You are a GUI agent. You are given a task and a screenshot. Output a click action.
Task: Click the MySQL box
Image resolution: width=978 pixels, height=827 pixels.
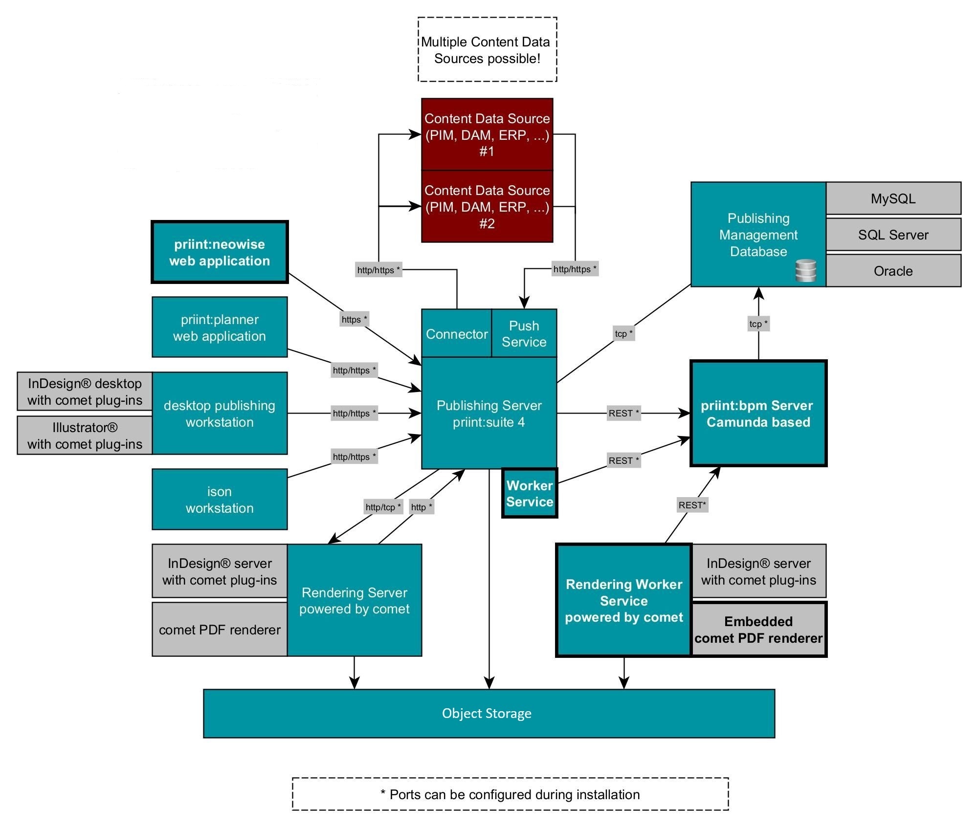pos(893,198)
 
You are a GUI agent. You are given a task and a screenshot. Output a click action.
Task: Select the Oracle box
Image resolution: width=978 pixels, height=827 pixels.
pos(893,271)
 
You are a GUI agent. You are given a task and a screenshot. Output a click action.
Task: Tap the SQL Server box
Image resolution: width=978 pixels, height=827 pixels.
pos(893,235)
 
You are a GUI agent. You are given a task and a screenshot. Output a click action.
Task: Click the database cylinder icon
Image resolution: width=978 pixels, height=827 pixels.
pos(805,271)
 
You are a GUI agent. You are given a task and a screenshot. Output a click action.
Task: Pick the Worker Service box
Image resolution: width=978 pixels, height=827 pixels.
pos(530,493)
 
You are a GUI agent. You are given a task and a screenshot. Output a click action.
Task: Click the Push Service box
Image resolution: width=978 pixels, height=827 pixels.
pos(524,333)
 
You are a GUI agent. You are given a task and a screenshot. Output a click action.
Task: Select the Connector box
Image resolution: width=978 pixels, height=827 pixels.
pos(456,333)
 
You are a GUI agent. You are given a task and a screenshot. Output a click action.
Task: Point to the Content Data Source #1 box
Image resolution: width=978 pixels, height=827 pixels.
pos(487,134)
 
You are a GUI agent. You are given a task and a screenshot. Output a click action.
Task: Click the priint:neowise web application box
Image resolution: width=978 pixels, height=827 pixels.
pos(220,252)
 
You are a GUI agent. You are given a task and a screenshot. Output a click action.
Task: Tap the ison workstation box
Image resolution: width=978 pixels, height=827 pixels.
pos(220,500)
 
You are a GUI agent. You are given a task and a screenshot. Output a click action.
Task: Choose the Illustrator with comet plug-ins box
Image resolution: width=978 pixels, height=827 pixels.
pos(85,435)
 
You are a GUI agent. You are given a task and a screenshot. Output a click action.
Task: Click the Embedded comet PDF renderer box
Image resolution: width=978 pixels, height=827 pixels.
pos(758,630)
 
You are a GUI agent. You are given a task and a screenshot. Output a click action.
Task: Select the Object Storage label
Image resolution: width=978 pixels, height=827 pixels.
pos(487,714)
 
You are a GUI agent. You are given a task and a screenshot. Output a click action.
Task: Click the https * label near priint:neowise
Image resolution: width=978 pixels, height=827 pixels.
pos(354,320)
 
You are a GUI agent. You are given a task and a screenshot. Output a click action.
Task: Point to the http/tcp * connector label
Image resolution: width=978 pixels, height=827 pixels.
pos(383,507)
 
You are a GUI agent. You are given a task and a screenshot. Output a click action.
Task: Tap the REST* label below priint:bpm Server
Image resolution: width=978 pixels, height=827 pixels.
pos(692,505)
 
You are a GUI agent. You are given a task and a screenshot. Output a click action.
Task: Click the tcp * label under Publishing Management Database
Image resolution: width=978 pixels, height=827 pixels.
pos(758,324)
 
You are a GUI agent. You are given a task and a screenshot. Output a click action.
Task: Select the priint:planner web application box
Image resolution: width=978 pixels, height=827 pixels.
pos(220,327)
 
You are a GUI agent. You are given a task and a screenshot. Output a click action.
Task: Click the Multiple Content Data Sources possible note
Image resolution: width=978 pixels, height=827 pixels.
pos(487,50)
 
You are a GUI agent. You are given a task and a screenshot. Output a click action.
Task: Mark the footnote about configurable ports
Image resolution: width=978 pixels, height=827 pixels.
pos(510,794)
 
